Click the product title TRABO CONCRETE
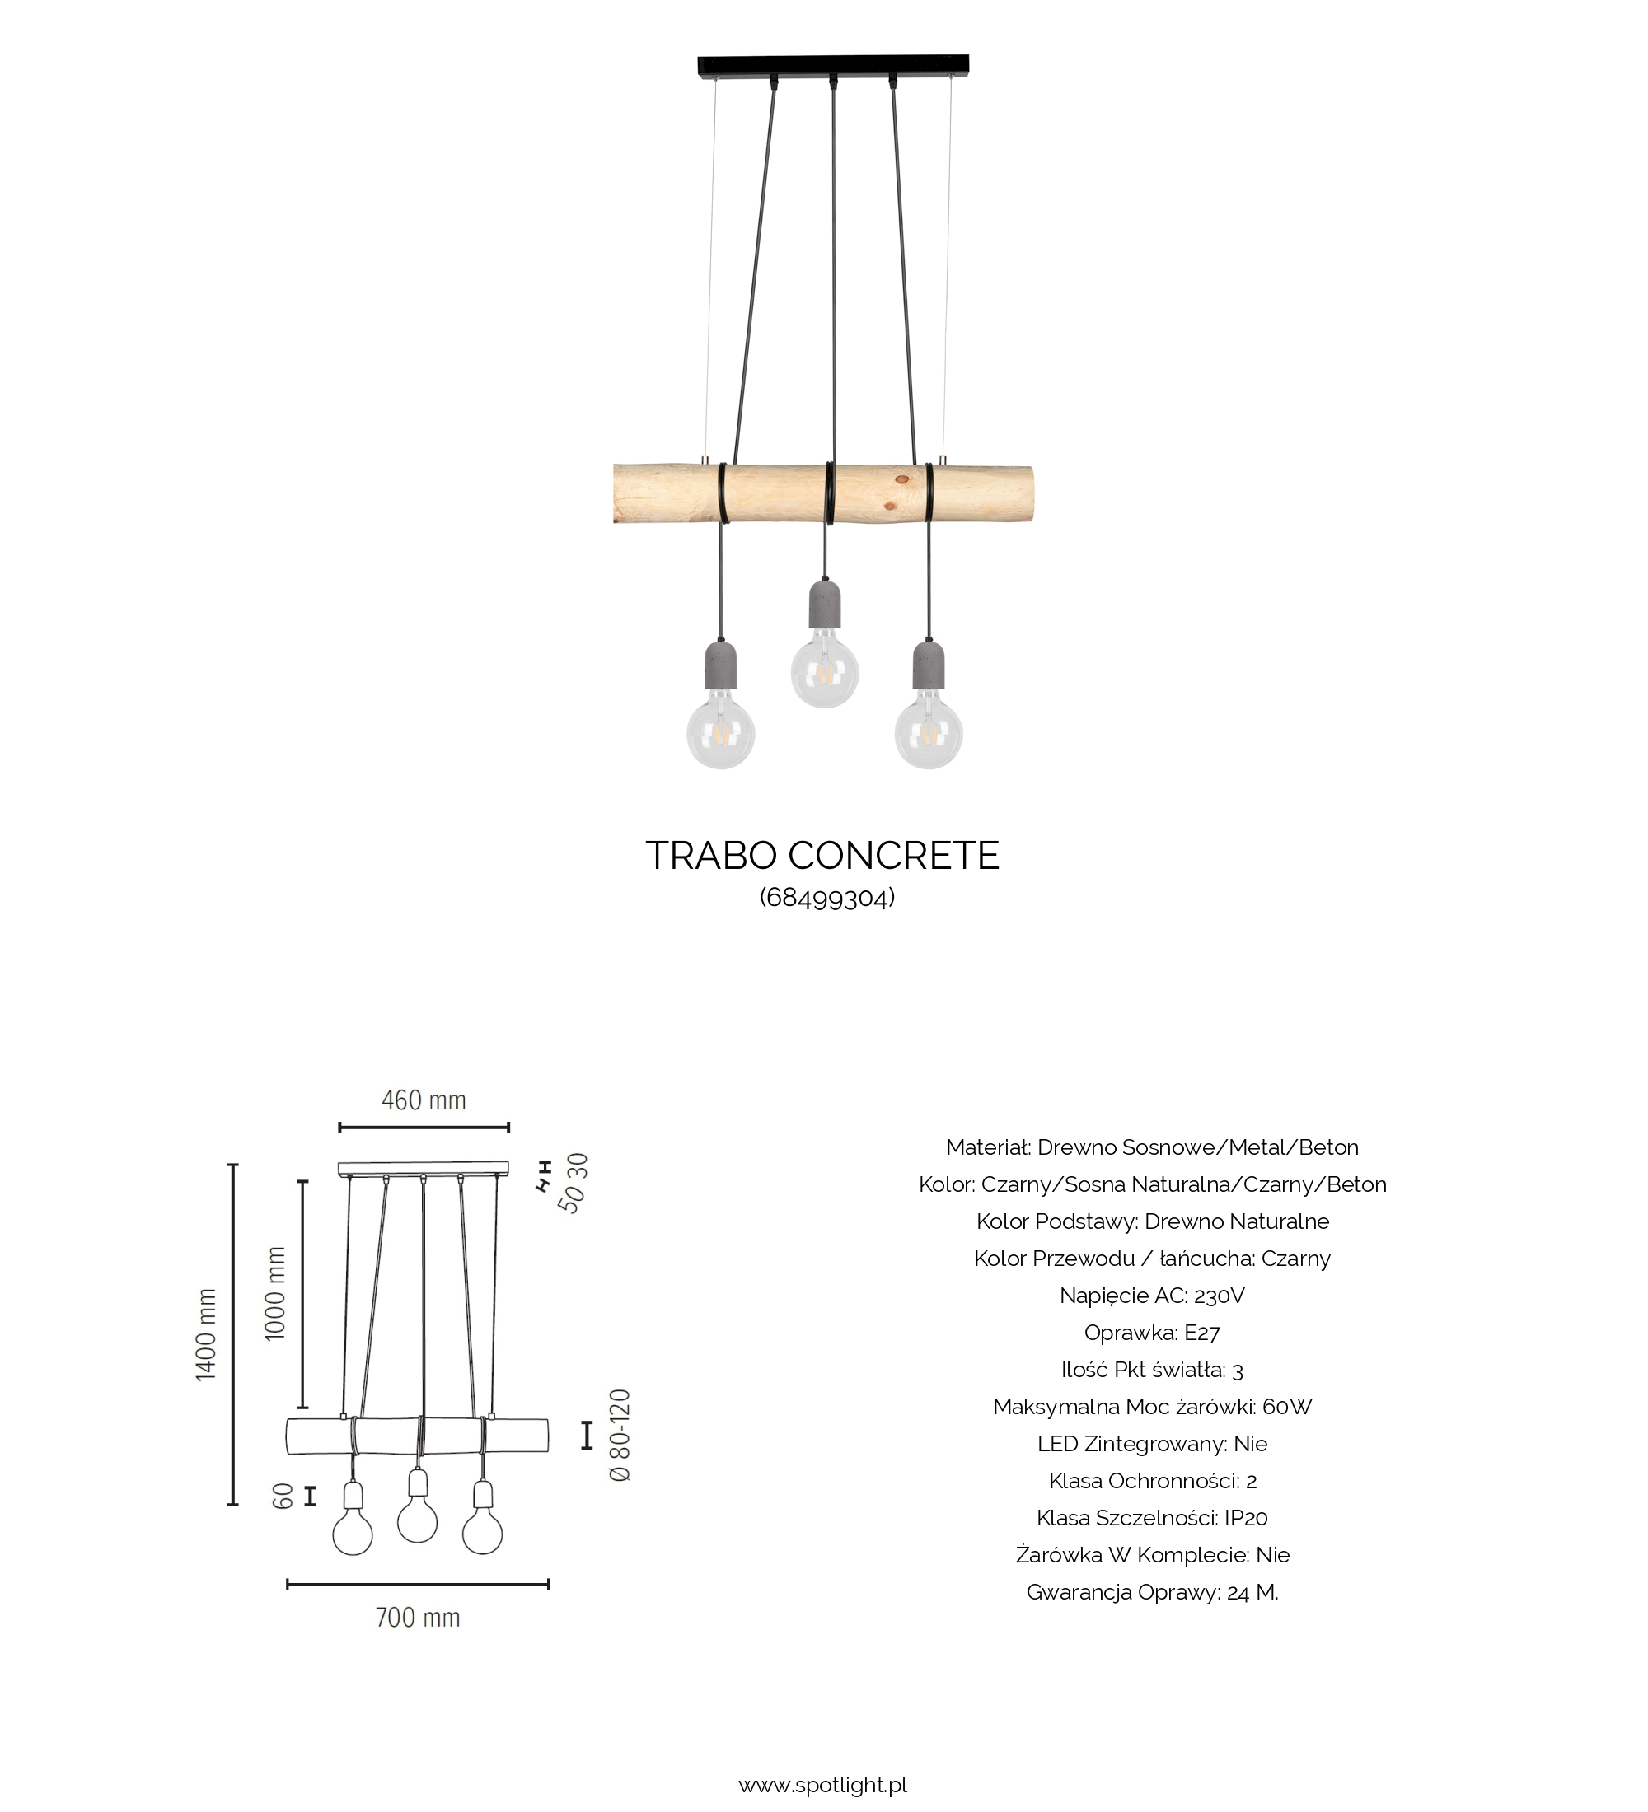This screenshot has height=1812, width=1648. (822, 856)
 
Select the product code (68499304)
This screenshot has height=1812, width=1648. (827, 898)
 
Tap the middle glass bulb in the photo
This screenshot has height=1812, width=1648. (825, 672)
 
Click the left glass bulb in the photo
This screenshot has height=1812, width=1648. (720, 733)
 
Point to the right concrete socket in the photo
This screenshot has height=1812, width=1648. (928, 663)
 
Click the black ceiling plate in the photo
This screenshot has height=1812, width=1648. (833, 66)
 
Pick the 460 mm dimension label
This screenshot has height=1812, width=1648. (424, 1100)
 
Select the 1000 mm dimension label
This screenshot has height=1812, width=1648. (275, 1293)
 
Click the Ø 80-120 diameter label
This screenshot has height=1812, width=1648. (620, 1436)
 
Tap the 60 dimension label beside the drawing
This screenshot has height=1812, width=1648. (283, 1496)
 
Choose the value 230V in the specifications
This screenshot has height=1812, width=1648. (1220, 1296)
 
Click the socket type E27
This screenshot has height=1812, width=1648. (1202, 1333)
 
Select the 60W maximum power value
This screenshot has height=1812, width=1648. (1287, 1407)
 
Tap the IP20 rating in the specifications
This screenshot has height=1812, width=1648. (1245, 1518)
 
